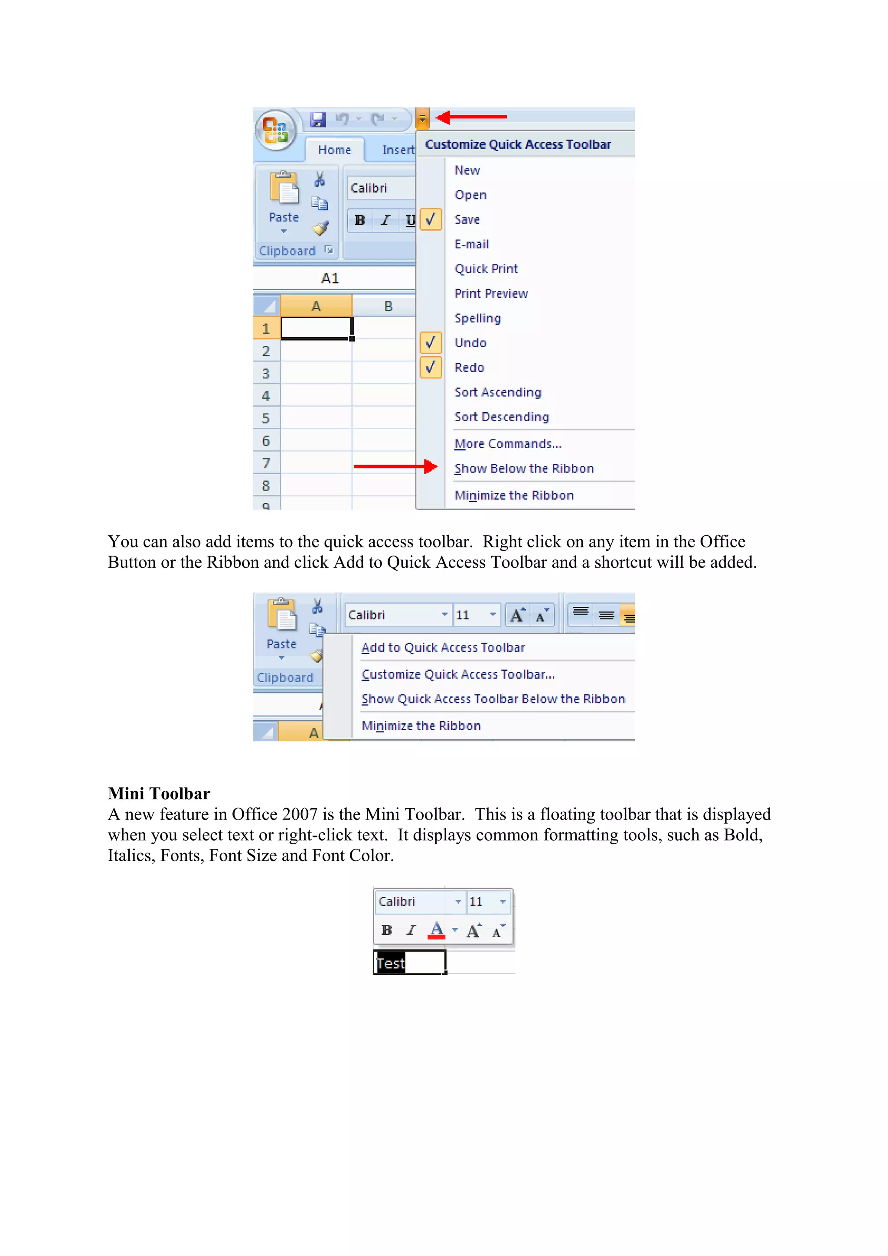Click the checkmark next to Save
[x=431, y=219]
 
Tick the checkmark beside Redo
[x=431, y=367]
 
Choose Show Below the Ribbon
[x=524, y=468]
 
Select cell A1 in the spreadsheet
[x=316, y=328]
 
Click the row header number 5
[x=266, y=419]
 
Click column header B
[x=388, y=306]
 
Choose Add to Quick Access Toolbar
[x=443, y=648]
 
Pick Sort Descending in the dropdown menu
[x=501, y=417]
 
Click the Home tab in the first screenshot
[x=334, y=150]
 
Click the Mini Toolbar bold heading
[x=159, y=793]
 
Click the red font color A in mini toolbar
[x=437, y=929]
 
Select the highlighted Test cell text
[x=391, y=963]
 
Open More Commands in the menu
[x=507, y=444]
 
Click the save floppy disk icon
[x=318, y=119]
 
